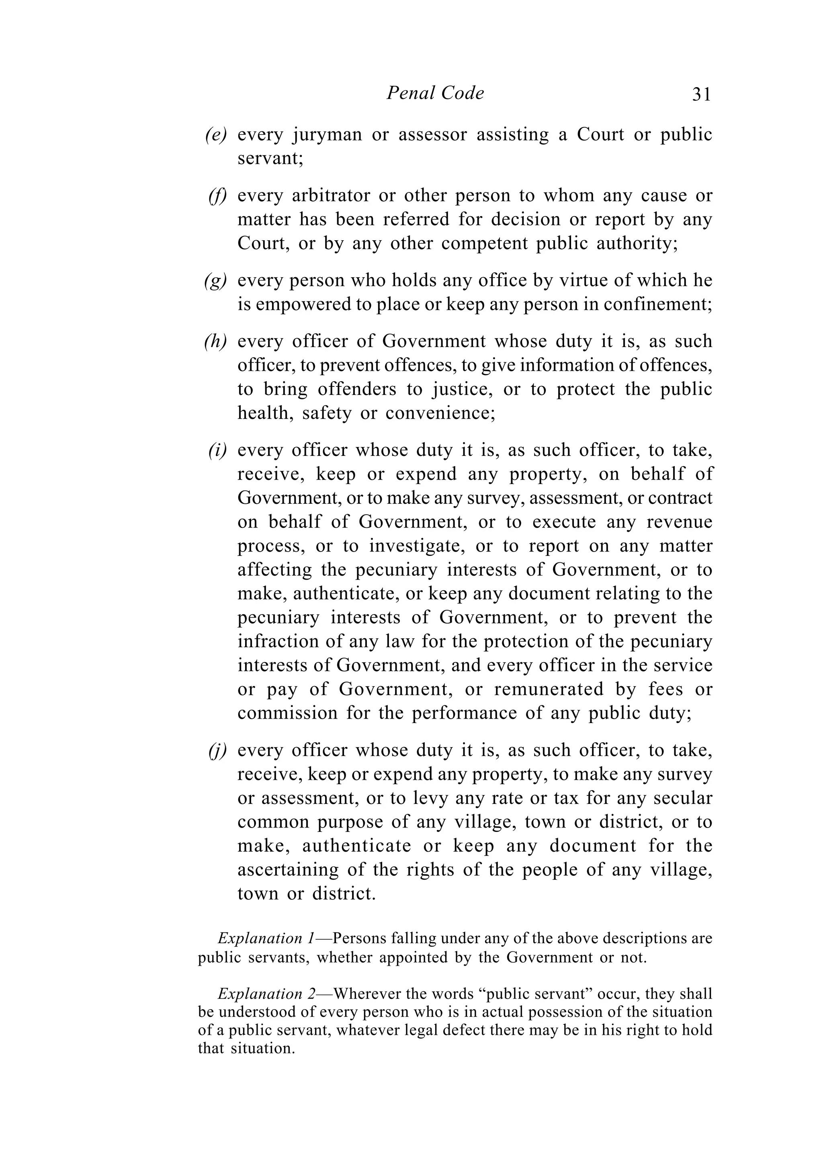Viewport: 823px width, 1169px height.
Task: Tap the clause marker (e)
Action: click(x=216, y=135)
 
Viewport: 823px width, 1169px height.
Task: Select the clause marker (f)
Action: click(x=217, y=196)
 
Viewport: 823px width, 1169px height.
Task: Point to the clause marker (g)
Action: click(x=216, y=281)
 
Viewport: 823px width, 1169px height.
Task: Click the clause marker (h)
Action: click(x=215, y=341)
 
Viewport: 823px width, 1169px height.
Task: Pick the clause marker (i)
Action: click(x=217, y=451)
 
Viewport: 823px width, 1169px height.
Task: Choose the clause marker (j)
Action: click(x=217, y=751)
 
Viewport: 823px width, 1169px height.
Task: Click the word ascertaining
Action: click(x=288, y=870)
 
